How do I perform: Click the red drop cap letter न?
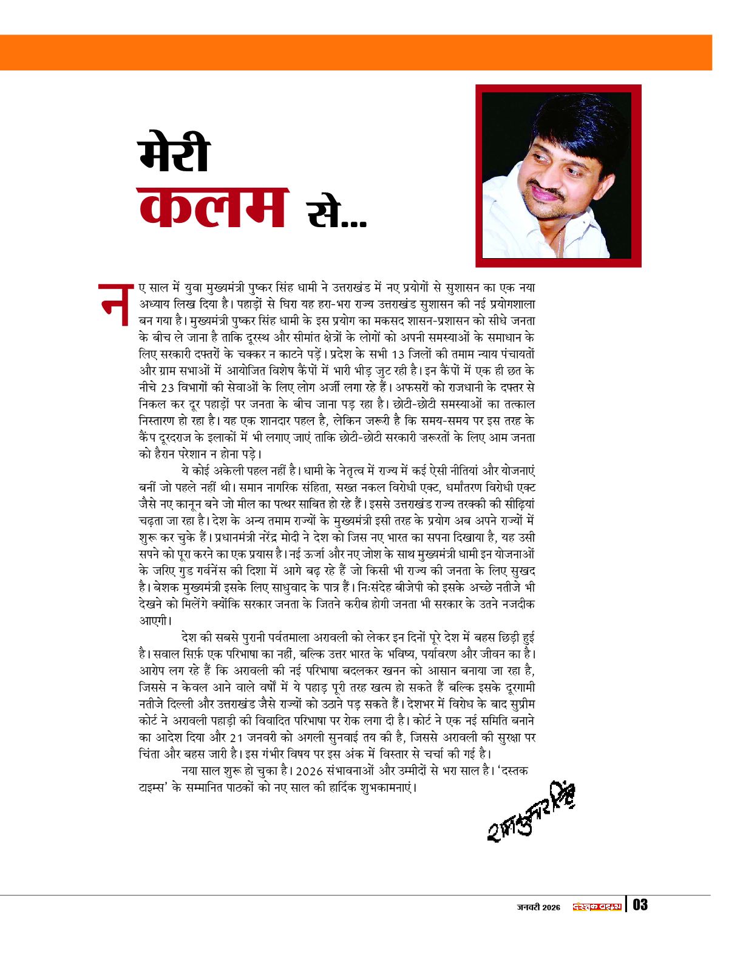[115, 304]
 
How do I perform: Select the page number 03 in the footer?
[640, 905]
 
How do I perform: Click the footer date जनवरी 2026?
[538, 907]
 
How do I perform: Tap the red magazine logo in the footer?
[597, 907]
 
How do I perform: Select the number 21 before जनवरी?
[238, 738]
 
